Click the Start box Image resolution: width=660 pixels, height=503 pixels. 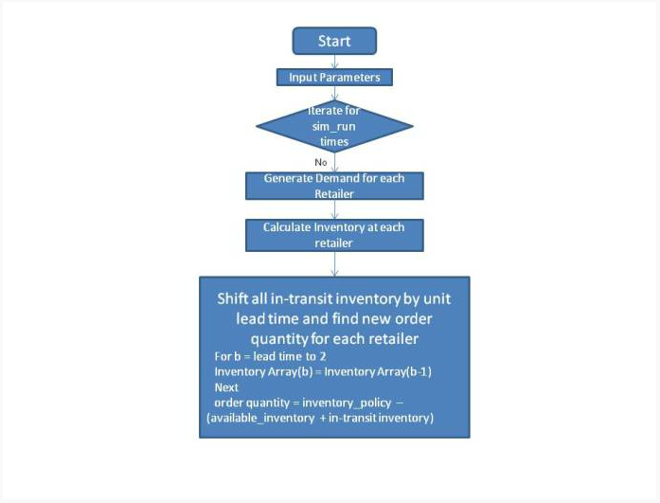tap(334, 41)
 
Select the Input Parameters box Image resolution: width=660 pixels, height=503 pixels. tap(334, 78)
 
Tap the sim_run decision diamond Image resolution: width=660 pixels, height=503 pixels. tap(334, 126)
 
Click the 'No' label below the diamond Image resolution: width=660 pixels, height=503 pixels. tap(321, 162)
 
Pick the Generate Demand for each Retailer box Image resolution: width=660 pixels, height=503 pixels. tap(334, 186)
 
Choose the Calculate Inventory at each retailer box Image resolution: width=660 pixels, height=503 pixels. tap(334, 235)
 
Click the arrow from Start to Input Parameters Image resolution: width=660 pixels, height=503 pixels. tap(334, 62)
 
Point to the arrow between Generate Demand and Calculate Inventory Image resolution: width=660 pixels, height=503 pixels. tap(334, 209)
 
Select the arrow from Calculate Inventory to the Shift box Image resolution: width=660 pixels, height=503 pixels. tap(334, 264)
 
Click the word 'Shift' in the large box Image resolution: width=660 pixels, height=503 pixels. tap(231, 298)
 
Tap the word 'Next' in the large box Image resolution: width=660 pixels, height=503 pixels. tap(226, 387)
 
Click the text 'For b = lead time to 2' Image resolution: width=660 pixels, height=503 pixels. tap(270, 356)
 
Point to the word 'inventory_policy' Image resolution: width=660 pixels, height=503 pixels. tap(347, 403)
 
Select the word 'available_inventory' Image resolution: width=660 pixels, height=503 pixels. tap(262, 419)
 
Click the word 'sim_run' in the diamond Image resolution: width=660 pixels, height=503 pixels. tap(334, 126)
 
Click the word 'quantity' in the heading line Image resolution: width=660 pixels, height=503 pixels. tap(278, 339)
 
